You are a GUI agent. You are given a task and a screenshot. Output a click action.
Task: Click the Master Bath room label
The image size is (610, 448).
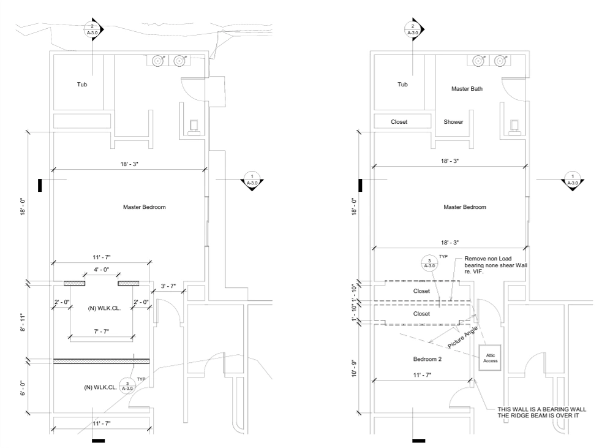pos(467,89)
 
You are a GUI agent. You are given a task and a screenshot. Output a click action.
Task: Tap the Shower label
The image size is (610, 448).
pos(453,122)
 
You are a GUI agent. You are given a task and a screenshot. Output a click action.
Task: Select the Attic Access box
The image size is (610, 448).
pos(490,357)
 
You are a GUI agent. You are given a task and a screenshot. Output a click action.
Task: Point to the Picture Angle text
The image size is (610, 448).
pos(462,338)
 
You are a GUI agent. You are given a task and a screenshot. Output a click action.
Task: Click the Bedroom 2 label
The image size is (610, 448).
pos(427,359)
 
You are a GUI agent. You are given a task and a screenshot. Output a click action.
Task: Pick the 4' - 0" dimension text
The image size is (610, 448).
pos(101,269)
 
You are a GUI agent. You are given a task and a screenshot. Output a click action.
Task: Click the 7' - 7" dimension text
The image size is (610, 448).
pos(101,332)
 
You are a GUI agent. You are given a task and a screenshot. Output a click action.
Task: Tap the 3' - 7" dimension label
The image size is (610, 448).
pos(168,286)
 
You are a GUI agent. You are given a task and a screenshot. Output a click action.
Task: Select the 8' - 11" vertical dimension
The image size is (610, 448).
pos(23,322)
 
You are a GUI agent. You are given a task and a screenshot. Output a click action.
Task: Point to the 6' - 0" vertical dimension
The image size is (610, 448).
pos(23,388)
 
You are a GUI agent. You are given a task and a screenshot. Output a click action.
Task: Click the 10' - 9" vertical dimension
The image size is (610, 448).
pos(354,368)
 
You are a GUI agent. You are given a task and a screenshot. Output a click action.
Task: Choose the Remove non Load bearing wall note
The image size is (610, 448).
pos(495,265)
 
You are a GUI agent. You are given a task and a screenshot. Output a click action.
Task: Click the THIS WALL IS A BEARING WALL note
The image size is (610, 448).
pos(541,412)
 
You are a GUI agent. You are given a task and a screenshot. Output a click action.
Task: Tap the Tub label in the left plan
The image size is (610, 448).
pos(81,85)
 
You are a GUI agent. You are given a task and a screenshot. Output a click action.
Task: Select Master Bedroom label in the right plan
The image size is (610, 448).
pos(465,207)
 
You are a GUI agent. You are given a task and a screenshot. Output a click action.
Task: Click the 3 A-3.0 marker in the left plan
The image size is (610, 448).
pos(127,385)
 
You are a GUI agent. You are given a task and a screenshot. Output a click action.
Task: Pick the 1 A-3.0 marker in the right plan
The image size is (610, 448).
pos(572,180)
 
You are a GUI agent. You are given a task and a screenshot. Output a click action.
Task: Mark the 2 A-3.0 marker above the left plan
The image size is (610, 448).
pos(92,29)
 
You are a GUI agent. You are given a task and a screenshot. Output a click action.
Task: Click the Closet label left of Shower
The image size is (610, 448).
pos(399,122)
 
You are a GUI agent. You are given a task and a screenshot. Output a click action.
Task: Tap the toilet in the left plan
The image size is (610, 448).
pos(194,127)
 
